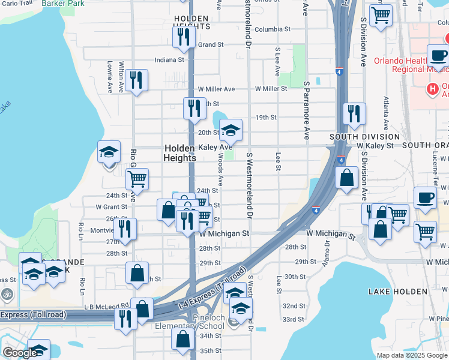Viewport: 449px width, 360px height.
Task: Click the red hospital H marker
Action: pos(432,89)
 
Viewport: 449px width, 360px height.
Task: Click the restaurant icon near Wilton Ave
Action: pos(136,80)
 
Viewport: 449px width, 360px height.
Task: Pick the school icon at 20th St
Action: pos(230,130)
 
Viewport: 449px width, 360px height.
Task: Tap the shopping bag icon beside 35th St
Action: pos(182,339)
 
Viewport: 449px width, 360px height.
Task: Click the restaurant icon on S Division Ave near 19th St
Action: pos(354,113)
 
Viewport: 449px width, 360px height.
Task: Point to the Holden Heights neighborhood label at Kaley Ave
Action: pos(179,153)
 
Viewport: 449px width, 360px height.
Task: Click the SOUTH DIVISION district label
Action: pos(356,137)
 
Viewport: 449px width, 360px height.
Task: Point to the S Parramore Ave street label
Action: pos(306,110)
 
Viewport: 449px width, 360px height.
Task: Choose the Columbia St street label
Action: pos(272,29)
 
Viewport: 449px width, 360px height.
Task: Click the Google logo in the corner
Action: pos(19,353)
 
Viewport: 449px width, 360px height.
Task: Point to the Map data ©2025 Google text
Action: pos(411,355)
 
